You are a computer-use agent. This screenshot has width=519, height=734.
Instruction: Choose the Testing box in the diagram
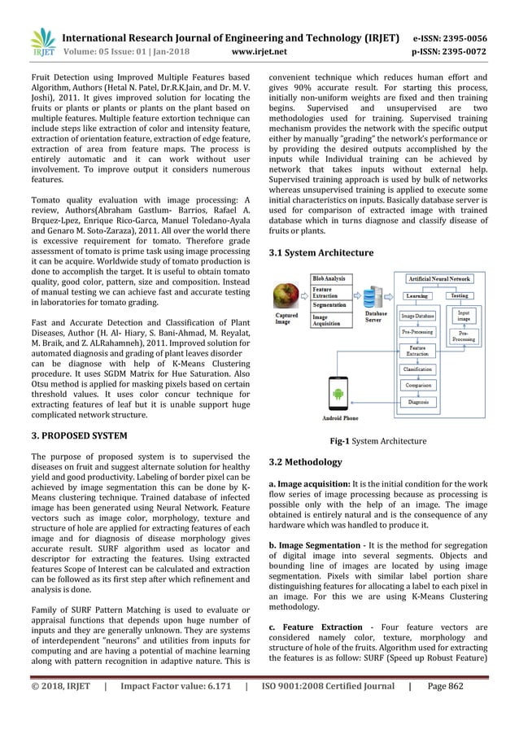[x=460, y=296]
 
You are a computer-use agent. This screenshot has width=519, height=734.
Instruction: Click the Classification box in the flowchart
[x=417, y=369]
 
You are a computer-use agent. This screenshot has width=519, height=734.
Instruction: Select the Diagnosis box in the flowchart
[x=418, y=402]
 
